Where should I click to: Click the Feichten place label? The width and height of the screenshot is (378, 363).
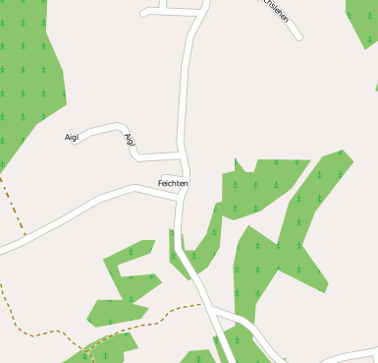coord(173,184)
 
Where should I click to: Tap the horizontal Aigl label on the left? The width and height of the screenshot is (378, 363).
coord(72,137)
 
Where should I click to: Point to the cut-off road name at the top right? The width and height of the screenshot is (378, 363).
coord(279,15)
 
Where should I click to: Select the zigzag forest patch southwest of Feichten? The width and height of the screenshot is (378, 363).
coord(128,285)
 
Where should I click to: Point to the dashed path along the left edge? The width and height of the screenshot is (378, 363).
coord(13,207)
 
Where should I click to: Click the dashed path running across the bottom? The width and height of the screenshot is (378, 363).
coord(147,321)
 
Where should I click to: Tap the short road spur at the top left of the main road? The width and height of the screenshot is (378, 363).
coord(162,12)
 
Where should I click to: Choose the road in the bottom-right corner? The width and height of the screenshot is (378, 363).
coord(349,354)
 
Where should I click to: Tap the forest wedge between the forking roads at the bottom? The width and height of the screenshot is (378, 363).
coord(228,339)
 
